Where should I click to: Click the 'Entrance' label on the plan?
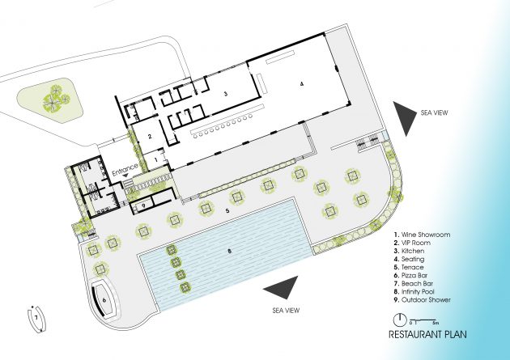(x=125, y=170)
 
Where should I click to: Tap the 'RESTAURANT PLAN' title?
(x=427, y=334)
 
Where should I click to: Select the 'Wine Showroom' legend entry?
(x=422, y=235)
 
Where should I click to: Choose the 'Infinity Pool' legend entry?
(x=414, y=291)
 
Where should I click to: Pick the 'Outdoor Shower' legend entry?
(x=423, y=299)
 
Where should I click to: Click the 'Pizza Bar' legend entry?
(x=410, y=275)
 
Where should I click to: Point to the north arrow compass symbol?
(x=400, y=320)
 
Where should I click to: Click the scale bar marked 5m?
(x=424, y=321)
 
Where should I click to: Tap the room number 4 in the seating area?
(x=302, y=84)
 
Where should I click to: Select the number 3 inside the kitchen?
(x=225, y=94)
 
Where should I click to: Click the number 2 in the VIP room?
(x=150, y=137)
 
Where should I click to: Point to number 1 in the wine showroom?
(x=155, y=160)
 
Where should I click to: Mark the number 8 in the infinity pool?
(x=230, y=251)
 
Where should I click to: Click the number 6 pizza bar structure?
(x=104, y=300)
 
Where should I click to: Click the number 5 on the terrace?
(x=227, y=211)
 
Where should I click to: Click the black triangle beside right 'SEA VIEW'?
(x=405, y=118)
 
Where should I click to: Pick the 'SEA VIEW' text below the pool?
(x=286, y=311)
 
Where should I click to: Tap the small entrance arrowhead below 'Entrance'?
(x=125, y=175)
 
